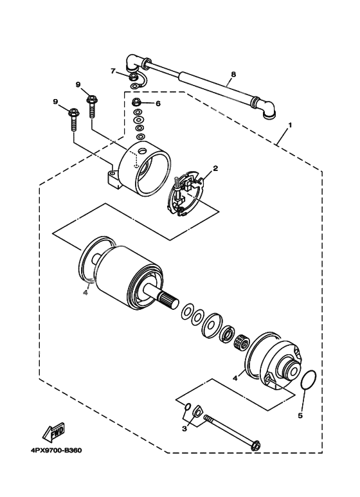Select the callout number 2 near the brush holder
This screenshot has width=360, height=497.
point(216,169)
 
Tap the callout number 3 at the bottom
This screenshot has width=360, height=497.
point(184,428)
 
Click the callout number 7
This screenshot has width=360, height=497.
point(113,71)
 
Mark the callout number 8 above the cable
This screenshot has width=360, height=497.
point(233,75)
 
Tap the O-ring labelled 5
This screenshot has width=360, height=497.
point(309,381)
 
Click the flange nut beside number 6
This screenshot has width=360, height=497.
point(136,103)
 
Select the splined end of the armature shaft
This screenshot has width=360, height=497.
point(166,300)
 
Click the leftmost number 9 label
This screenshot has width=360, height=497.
point(55,102)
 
